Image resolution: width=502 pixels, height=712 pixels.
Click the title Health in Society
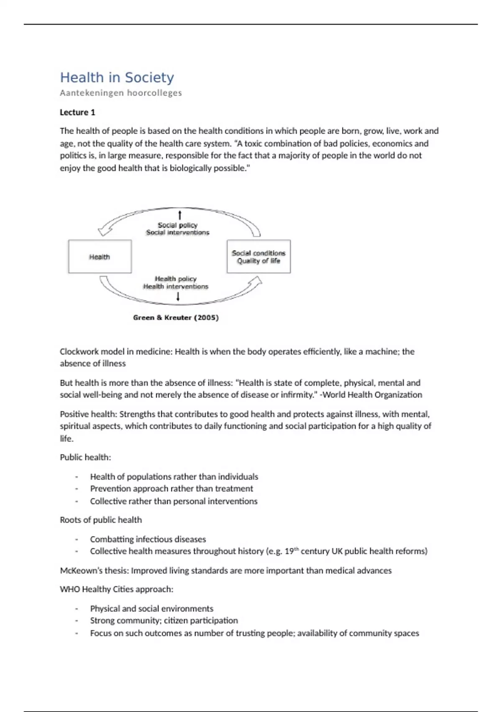pyautogui.click(x=117, y=77)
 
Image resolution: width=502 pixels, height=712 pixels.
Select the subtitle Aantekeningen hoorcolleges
pyautogui.click(x=120, y=93)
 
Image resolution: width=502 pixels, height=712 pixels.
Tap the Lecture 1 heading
pyautogui.click(x=77, y=112)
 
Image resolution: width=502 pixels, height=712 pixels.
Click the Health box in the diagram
pyautogui.click(x=100, y=257)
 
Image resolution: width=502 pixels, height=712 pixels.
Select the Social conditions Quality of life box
pyautogui.click(x=259, y=257)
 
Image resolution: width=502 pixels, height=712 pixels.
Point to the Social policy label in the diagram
pyautogui.click(x=177, y=225)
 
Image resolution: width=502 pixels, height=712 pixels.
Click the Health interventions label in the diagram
pyautogui.click(x=176, y=286)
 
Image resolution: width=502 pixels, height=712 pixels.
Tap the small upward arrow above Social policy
pyautogui.click(x=180, y=215)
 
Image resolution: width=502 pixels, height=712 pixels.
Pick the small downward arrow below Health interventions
pyautogui.click(x=178, y=297)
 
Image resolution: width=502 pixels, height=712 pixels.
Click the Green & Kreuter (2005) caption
pyautogui.click(x=176, y=317)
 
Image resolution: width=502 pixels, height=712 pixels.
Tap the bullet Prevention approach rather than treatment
pyautogui.click(x=172, y=488)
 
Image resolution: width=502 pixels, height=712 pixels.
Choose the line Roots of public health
pyautogui.click(x=101, y=520)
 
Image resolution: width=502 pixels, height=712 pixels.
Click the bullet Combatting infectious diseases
pyautogui.click(x=148, y=539)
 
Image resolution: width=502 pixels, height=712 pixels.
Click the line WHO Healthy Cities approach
pyautogui.click(x=116, y=589)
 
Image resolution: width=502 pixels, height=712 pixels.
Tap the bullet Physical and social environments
pyautogui.click(x=151, y=609)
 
